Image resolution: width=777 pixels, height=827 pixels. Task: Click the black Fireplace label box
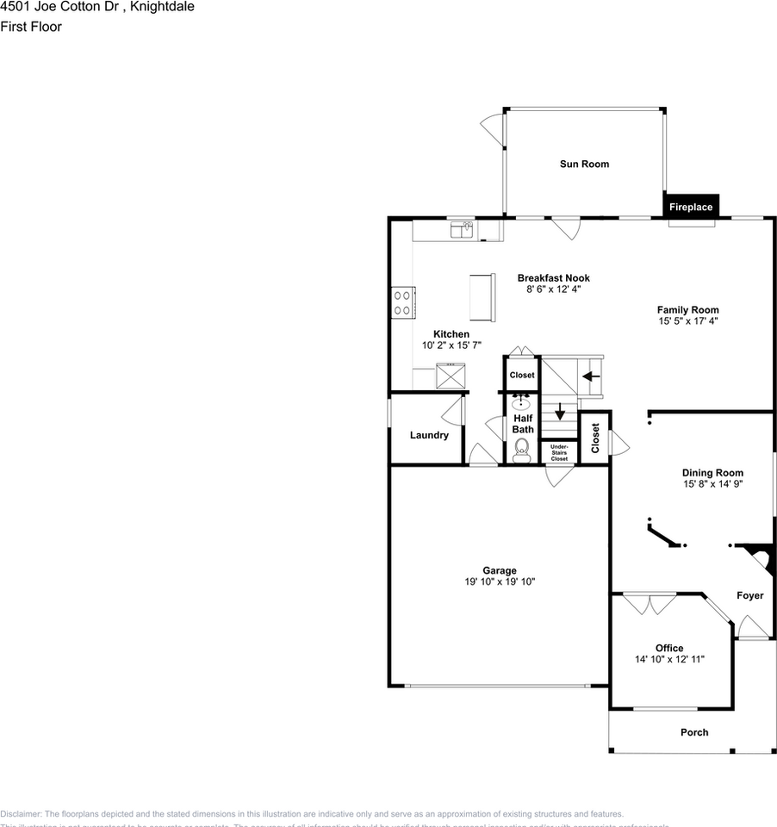pyautogui.click(x=691, y=207)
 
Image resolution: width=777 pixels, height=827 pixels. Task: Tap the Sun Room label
pyautogui.click(x=584, y=164)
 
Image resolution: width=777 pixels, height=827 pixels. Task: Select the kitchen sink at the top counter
pyautogui.click(x=461, y=229)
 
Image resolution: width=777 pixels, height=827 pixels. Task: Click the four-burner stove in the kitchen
pyautogui.click(x=401, y=302)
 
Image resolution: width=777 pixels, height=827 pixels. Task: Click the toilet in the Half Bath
pyautogui.click(x=521, y=449)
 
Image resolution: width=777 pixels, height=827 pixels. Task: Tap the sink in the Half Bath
pyautogui.click(x=521, y=402)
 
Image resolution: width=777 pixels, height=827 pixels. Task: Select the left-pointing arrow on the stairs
pyautogui.click(x=591, y=376)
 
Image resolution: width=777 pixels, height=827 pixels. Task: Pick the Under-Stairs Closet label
pyautogui.click(x=559, y=452)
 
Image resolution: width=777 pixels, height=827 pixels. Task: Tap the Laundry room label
pyautogui.click(x=429, y=435)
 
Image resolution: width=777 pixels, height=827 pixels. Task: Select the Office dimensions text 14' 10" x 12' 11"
pyautogui.click(x=669, y=659)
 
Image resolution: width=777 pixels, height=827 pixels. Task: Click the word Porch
pyautogui.click(x=694, y=732)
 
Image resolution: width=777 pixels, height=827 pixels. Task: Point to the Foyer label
pyautogui.click(x=749, y=595)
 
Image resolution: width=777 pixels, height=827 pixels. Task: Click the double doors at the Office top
pyautogui.click(x=650, y=604)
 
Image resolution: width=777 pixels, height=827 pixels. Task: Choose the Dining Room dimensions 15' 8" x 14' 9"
pyautogui.click(x=712, y=484)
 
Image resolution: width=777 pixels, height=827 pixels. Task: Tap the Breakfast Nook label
pyautogui.click(x=553, y=277)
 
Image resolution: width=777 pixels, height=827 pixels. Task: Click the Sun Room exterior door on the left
pyautogui.click(x=492, y=130)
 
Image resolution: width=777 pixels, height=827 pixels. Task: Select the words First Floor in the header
pyautogui.click(x=31, y=27)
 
